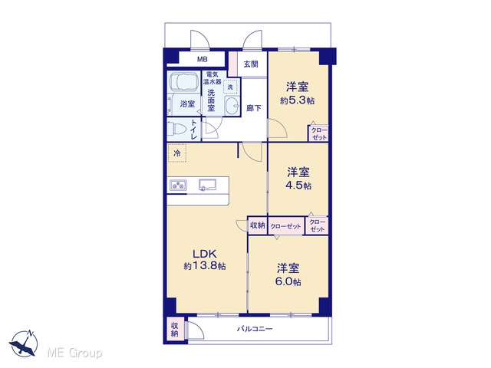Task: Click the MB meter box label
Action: point(202,60)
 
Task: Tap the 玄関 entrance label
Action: point(251,64)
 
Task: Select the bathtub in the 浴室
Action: point(184,82)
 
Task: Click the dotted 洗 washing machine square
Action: point(230,87)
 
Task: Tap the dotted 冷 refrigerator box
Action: point(177,153)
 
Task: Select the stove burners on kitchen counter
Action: point(178,185)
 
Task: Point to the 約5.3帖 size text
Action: point(298,100)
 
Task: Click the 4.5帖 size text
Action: point(298,186)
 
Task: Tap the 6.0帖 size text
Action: point(288,281)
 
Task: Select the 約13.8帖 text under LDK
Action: point(205,266)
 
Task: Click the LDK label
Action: point(205,253)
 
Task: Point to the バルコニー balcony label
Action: point(255,329)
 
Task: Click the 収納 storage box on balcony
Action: point(175,330)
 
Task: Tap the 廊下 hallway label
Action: point(254,108)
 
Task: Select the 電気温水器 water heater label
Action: point(213,78)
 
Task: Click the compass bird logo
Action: point(24,343)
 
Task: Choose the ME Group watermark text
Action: point(74,353)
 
